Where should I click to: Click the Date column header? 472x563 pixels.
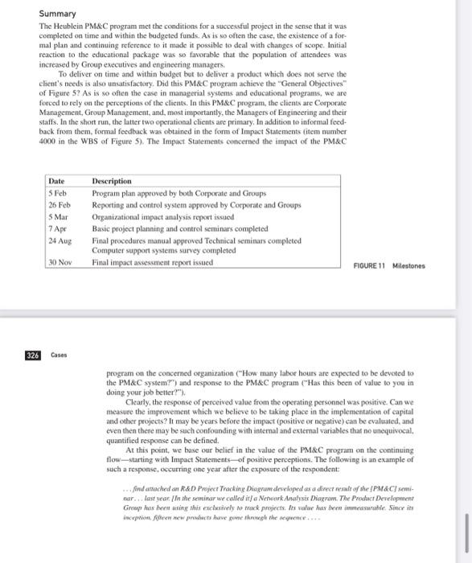click(x=56, y=182)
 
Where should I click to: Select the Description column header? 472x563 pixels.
click(x=112, y=182)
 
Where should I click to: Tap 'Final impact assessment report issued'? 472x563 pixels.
click(x=153, y=262)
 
